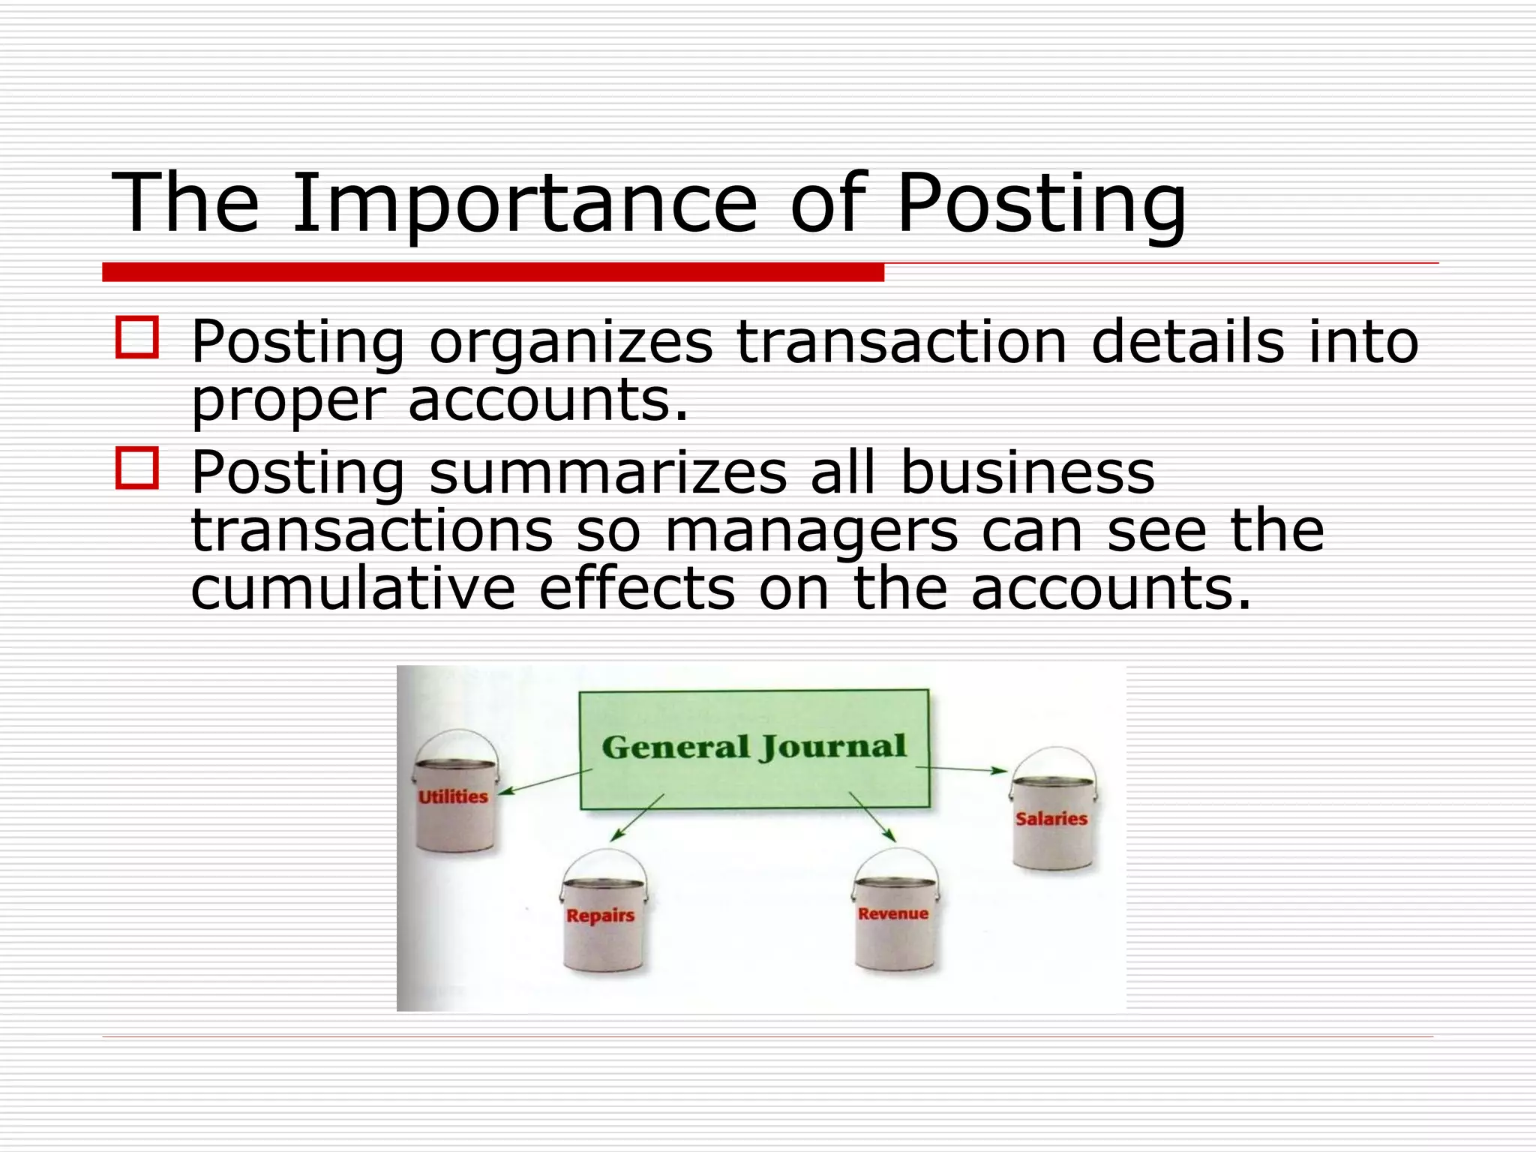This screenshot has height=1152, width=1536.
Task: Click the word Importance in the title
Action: pyautogui.click(x=525, y=204)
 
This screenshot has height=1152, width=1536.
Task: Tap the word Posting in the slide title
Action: pyautogui.click(x=1041, y=204)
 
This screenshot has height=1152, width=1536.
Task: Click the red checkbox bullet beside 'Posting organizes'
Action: pyautogui.click(x=137, y=337)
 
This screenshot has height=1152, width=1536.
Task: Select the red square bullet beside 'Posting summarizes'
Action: pyautogui.click(x=137, y=468)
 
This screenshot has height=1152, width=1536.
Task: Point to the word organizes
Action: pyautogui.click(x=571, y=343)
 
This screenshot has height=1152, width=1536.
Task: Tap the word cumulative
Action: pyautogui.click(x=353, y=589)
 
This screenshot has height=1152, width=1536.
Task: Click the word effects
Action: pyautogui.click(x=637, y=589)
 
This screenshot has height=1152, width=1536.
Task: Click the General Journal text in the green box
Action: pyautogui.click(x=754, y=747)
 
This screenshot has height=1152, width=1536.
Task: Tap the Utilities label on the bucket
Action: pyautogui.click(x=453, y=796)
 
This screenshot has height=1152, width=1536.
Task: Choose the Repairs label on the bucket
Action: pyautogui.click(x=600, y=915)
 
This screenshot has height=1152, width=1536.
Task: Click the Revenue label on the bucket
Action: pyautogui.click(x=892, y=913)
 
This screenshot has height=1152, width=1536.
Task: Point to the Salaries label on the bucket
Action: pyautogui.click(x=1051, y=818)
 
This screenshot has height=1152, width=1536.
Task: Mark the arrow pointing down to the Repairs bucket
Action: pyautogui.click(x=637, y=817)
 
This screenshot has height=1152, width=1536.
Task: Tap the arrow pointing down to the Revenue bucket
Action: pyautogui.click(x=872, y=817)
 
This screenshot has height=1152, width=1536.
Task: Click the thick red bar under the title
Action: pyautogui.click(x=493, y=272)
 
